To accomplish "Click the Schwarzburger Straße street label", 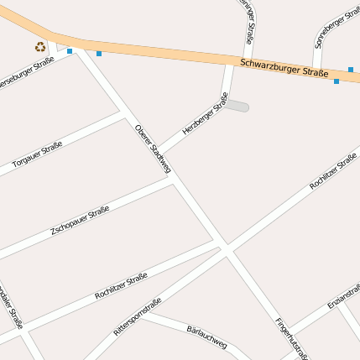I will [x=283, y=68].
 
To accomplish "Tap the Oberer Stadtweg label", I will [x=153, y=149].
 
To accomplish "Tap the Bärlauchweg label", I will [x=206, y=336].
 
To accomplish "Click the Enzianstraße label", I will [x=345, y=296].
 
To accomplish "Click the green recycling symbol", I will [x=40, y=47].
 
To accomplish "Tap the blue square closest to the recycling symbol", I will [x=70, y=51].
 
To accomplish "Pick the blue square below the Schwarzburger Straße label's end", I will [x=337, y=81].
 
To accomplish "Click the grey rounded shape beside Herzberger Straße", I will [x=237, y=106].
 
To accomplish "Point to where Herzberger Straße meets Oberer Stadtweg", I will [x=159, y=153].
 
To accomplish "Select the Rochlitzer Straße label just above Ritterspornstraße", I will [x=122, y=285].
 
